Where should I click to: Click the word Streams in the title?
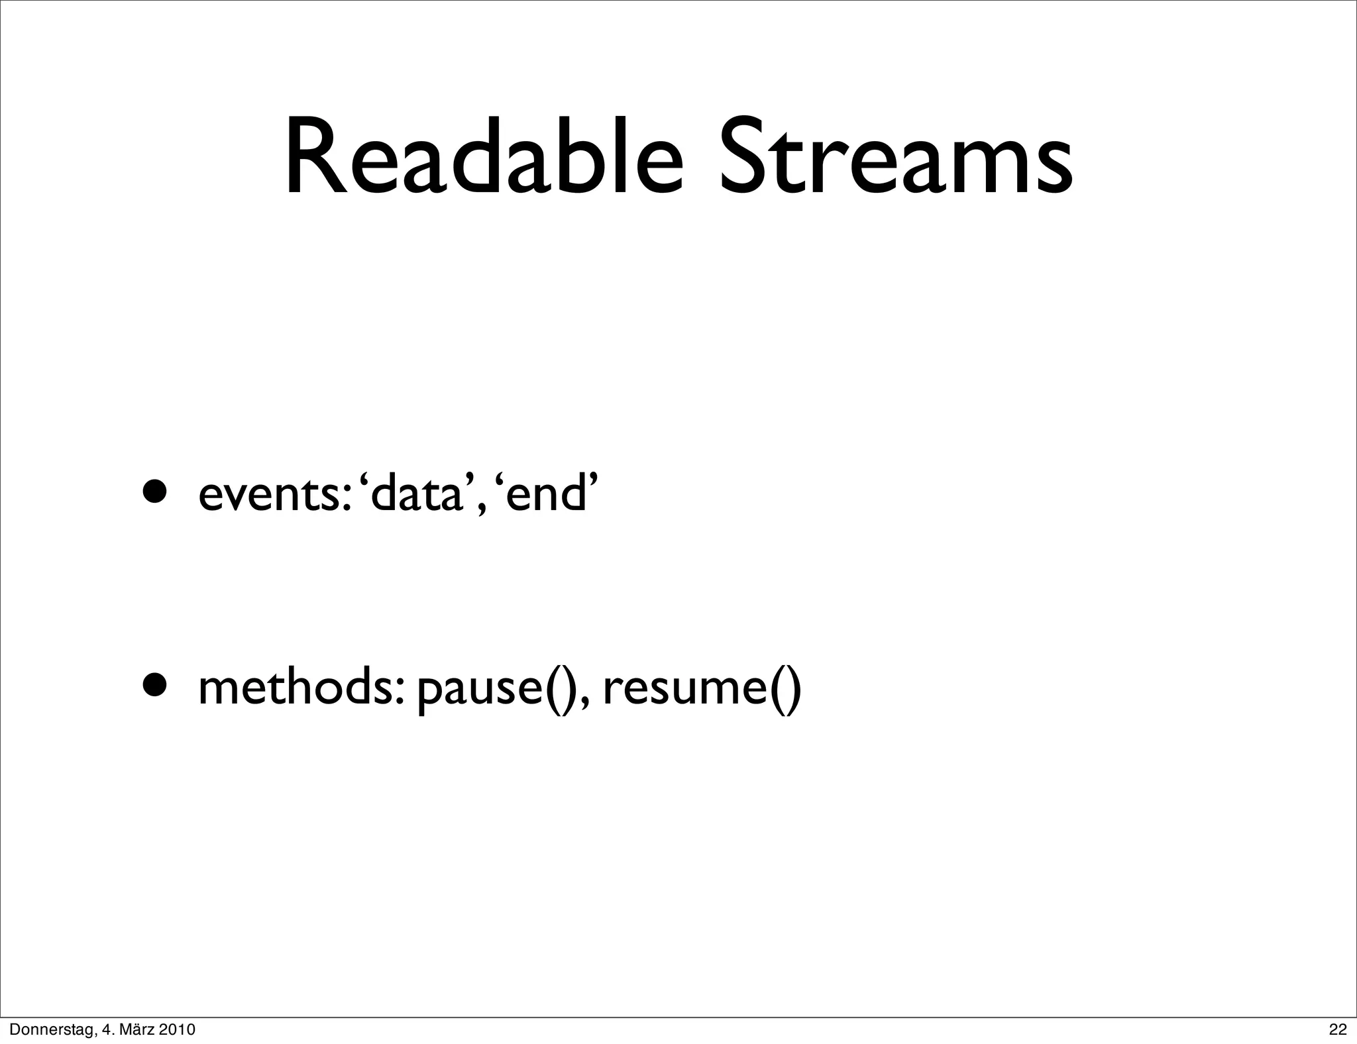[x=896, y=159]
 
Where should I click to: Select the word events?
[x=274, y=496]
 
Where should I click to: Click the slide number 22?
[x=1338, y=1029]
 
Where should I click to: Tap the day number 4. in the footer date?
[x=105, y=1029]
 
